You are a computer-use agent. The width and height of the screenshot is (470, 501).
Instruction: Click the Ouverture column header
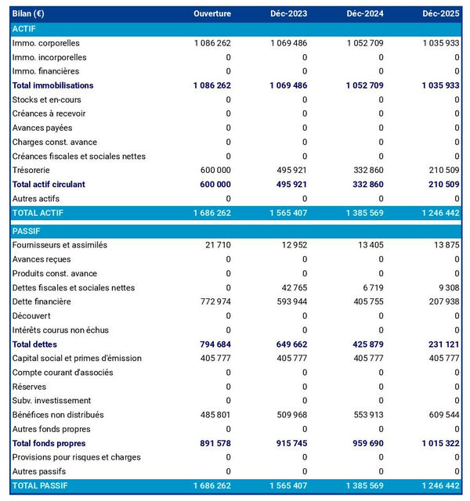[x=212, y=14]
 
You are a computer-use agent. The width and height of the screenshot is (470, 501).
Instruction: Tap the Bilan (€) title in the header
[x=28, y=14]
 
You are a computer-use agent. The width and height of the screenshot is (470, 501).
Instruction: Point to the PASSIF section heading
[x=26, y=231]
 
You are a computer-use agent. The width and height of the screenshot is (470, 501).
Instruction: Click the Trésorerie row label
[x=33, y=170]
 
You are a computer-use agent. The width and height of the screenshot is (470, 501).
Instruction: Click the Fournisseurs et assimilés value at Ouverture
[x=218, y=245]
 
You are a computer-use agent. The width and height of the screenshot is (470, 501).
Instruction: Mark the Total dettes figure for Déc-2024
[x=366, y=344]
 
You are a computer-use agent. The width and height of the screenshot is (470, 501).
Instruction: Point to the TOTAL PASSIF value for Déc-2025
[x=439, y=485]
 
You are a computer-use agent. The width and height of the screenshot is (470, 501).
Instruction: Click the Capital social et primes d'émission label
[x=77, y=358]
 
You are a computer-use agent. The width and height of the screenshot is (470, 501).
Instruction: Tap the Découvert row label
[x=32, y=315]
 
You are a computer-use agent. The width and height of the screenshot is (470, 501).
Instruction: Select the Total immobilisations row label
[x=52, y=85]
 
